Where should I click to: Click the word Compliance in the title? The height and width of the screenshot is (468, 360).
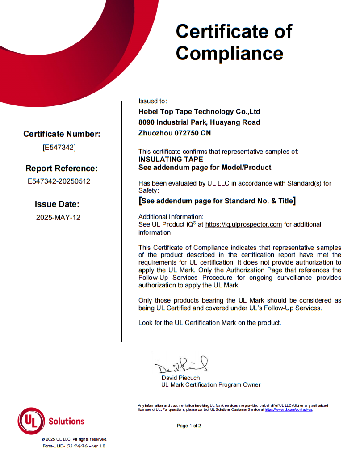point(230,53)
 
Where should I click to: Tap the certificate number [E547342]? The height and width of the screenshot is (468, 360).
point(59,147)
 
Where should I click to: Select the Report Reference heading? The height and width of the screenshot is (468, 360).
point(62,169)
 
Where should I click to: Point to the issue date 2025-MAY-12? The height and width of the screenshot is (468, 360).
point(58,218)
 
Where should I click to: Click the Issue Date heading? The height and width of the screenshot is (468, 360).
point(57,204)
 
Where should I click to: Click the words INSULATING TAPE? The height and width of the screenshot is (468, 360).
point(171,159)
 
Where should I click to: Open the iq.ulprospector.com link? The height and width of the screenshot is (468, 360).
point(243,224)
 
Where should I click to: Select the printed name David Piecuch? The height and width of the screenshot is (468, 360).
point(180,378)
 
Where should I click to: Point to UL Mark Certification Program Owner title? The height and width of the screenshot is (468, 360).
point(211,384)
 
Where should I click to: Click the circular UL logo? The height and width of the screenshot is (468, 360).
point(31,421)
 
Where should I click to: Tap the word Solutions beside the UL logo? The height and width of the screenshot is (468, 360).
point(66,421)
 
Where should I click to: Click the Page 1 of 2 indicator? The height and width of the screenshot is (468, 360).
point(189,426)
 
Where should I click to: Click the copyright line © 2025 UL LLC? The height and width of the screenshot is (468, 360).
point(74,439)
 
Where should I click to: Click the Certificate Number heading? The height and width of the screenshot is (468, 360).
point(62,134)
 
